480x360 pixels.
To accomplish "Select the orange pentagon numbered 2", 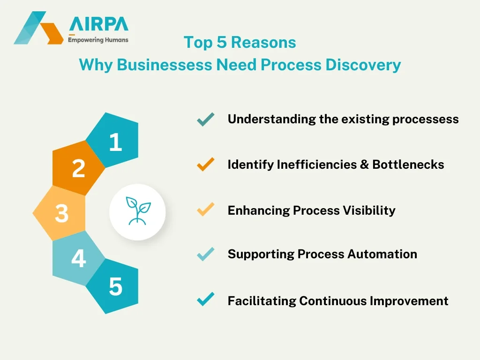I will click(x=78, y=168).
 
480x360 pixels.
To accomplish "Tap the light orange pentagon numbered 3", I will click(x=61, y=213).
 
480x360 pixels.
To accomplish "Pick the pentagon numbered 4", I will click(x=78, y=258).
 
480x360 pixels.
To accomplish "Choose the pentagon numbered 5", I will click(x=114, y=286).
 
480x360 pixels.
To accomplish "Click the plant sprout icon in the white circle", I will click(x=138, y=212).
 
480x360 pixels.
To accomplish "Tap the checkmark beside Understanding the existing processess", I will click(x=206, y=120).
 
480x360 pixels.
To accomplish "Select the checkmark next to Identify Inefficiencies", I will click(x=206, y=165).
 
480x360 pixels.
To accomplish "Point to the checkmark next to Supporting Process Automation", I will click(x=206, y=254).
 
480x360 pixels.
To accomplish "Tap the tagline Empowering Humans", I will click(x=98, y=40).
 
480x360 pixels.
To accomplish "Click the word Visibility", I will click(x=367, y=210).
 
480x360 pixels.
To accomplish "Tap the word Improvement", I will click(x=409, y=300).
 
